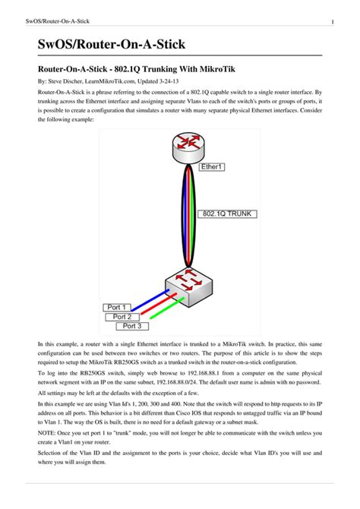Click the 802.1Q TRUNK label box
click(x=226, y=214)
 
